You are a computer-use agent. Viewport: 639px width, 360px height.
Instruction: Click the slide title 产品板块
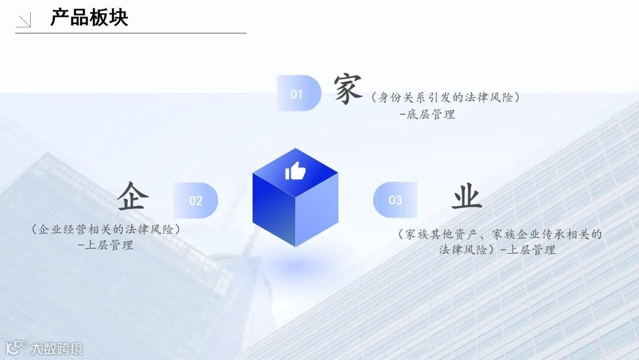click(89, 18)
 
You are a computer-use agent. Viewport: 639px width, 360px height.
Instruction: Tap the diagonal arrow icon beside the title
click(24, 21)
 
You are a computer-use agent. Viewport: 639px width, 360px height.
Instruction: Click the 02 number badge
click(196, 201)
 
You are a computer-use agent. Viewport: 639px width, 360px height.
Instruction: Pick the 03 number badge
click(395, 200)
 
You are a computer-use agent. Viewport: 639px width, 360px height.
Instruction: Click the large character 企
click(131, 196)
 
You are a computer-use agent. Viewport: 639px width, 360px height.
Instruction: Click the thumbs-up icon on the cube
click(295, 172)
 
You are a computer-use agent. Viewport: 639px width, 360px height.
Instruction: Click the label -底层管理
click(427, 115)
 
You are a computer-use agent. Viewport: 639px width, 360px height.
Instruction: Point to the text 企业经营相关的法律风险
click(106, 229)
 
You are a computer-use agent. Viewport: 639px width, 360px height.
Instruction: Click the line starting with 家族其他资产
click(500, 234)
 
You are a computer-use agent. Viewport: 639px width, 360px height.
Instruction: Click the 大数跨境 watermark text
click(57, 348)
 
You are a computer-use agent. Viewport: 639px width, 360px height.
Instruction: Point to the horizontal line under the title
click(130, 33)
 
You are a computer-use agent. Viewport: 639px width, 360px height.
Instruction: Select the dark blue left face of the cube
click(273, 210)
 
